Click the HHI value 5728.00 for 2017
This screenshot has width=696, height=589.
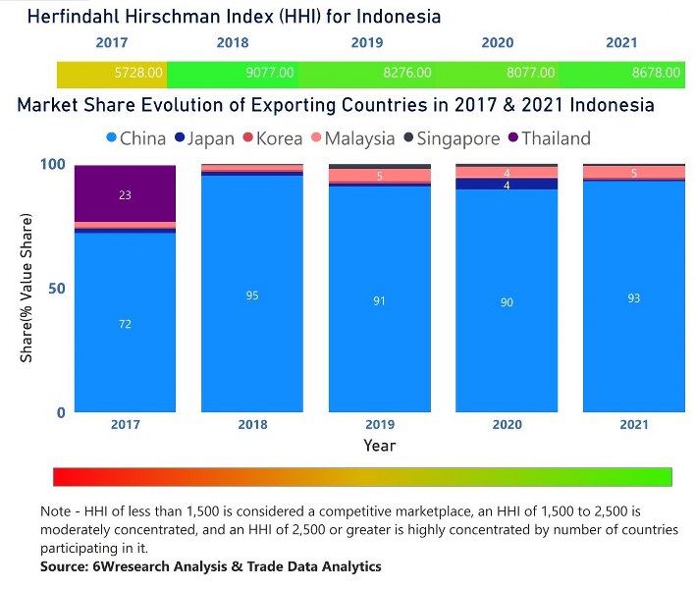click(142, 74)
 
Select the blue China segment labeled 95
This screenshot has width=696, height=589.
click(252, 294)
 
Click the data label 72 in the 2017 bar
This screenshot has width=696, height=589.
click(126, 324)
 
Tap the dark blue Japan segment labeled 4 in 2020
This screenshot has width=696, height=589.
click(507, 185)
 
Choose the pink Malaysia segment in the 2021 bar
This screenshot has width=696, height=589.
click(633, 173)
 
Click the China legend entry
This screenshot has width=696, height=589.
click(137, 139)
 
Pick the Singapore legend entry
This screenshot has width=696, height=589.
click(455, 139)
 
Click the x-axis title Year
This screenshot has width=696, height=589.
click(379, 446)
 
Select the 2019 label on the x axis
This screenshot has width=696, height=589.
click(379, 425)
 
